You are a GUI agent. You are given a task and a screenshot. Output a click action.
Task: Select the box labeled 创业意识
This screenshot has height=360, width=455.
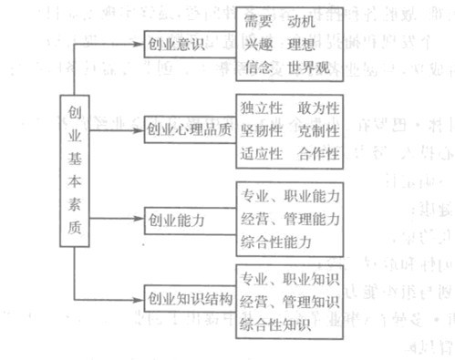coord(179,43)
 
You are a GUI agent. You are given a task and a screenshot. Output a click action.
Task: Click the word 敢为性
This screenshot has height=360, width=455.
coord(318,108)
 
